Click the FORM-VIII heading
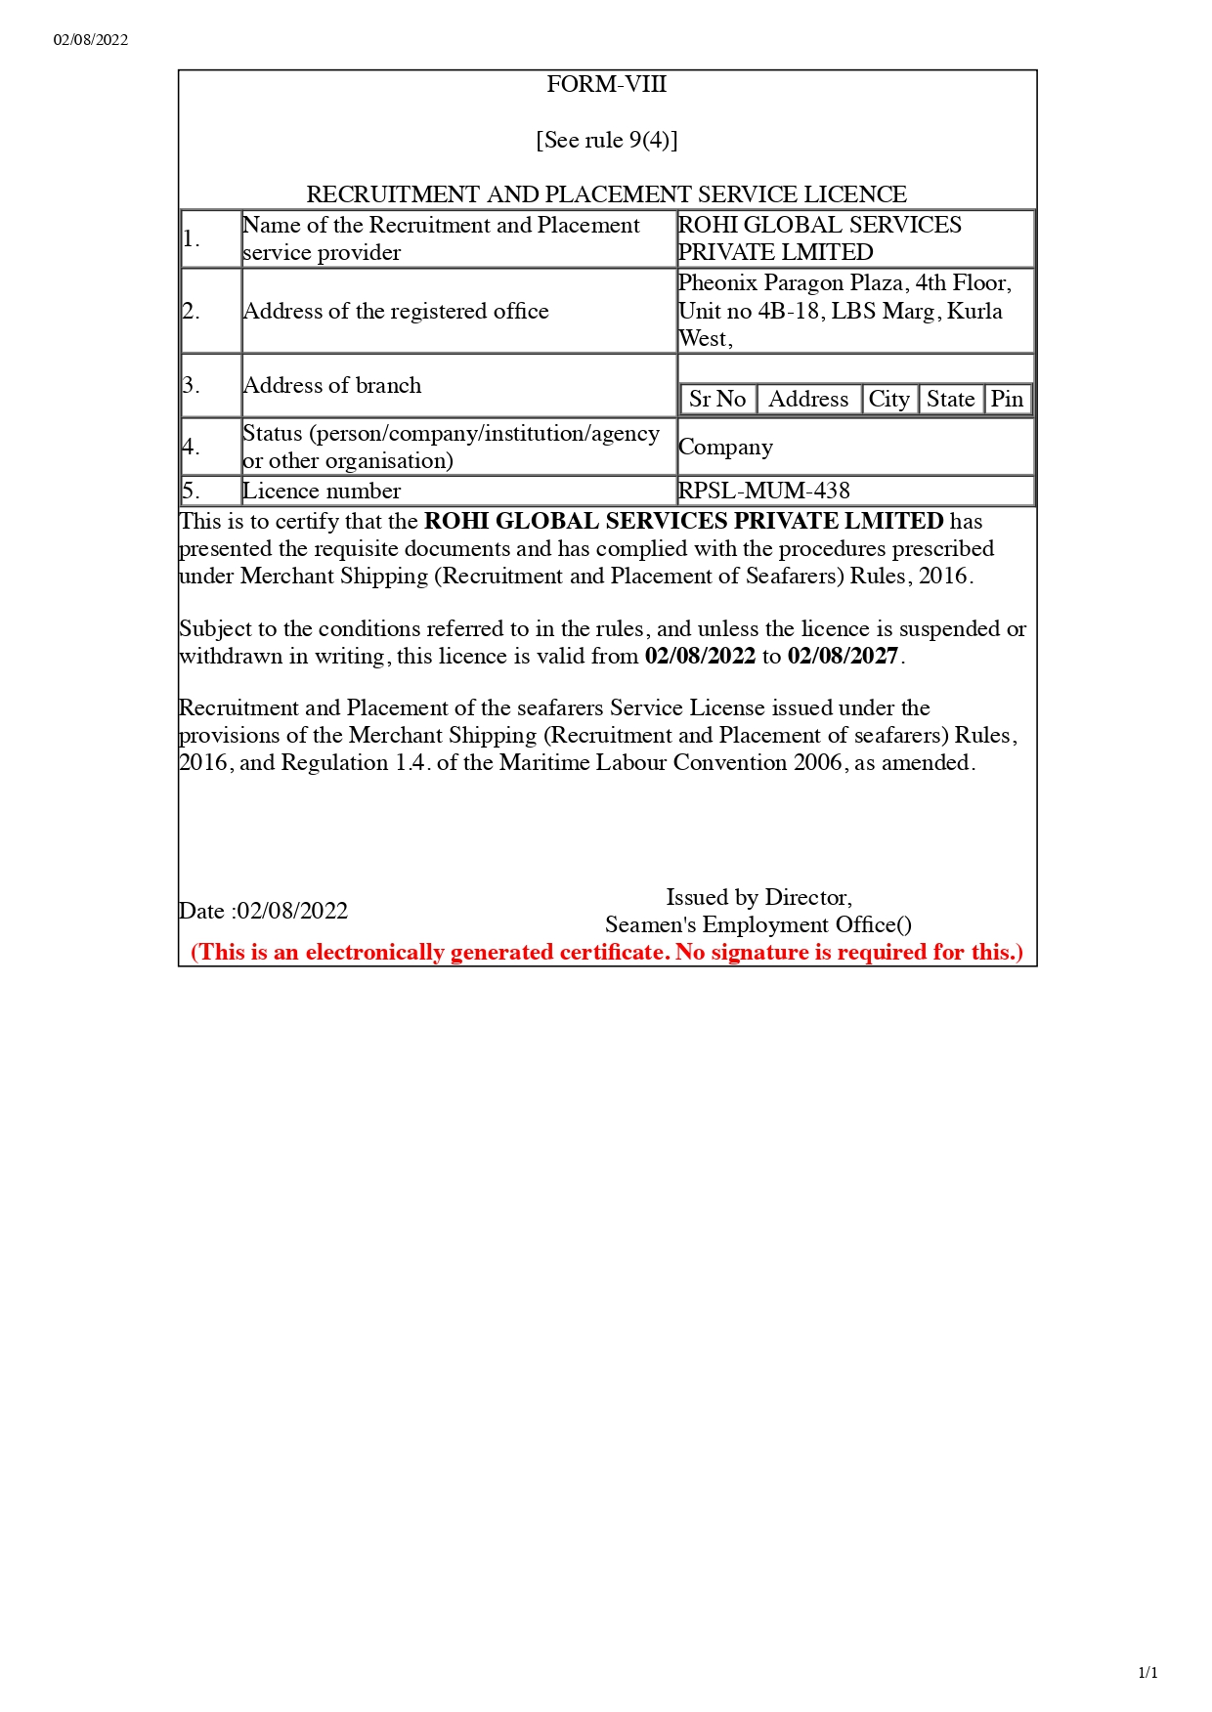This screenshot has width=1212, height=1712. (606, 85)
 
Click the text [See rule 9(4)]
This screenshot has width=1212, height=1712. (606, 140)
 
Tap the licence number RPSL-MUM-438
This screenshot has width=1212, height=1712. (763, 491)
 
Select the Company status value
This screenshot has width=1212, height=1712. (725, 447)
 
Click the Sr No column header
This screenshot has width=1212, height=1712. (717, 399)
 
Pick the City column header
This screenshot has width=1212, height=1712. (888, 399)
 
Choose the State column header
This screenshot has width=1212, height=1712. (950, 399)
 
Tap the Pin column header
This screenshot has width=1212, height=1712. (1007, 399)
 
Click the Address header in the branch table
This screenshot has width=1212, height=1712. (808, 399)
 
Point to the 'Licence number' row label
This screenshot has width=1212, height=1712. (322, 491)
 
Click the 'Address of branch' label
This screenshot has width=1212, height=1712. (332, 385)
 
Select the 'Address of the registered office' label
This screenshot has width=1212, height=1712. (396, 311)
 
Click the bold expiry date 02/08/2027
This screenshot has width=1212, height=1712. (843, 656)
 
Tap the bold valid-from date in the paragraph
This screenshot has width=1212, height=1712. (700, 656)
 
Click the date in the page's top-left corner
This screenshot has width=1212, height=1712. (91, 40)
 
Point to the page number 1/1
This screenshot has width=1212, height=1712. (1147, 1672)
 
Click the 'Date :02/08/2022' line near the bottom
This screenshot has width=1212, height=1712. (264, 911)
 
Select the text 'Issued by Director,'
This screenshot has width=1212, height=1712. (758, 897)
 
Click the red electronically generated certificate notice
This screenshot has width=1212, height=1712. (607, 952)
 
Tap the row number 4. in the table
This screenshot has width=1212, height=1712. (192, 447)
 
